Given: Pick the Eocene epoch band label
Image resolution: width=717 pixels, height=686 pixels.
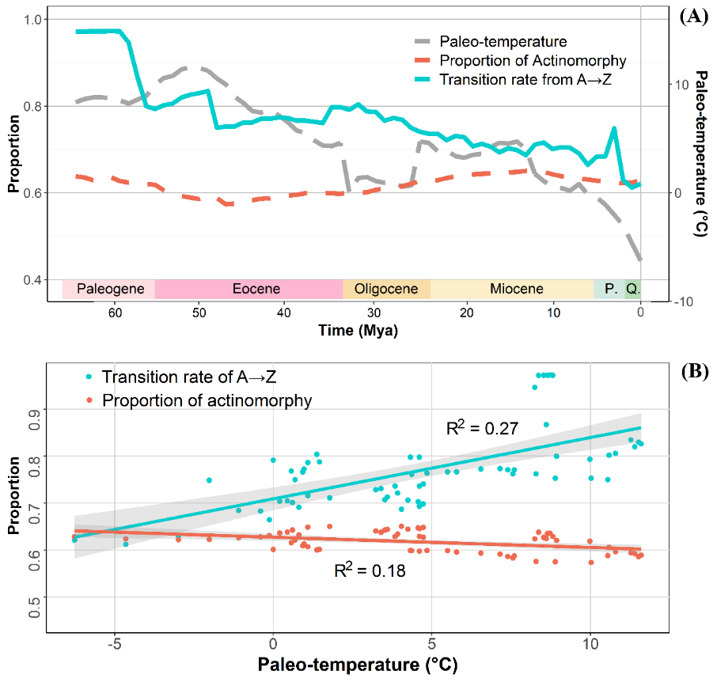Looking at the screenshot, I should (x=256, y=289).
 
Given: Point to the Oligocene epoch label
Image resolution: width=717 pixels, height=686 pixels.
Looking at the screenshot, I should (x=386, y=289).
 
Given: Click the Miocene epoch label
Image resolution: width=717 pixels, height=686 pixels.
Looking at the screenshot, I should (x=516, y=289).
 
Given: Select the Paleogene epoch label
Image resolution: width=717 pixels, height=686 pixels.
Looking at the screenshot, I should (x=108, y=289).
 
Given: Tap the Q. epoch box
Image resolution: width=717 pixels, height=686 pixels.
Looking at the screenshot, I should (x=633, y=289).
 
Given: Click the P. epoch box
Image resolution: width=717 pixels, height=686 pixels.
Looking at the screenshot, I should (x=611, y=289).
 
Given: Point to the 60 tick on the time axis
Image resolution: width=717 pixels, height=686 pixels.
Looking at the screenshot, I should (x=115, y=312).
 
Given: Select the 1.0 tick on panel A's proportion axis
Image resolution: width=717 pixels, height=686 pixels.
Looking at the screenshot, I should (x=32, y=19).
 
